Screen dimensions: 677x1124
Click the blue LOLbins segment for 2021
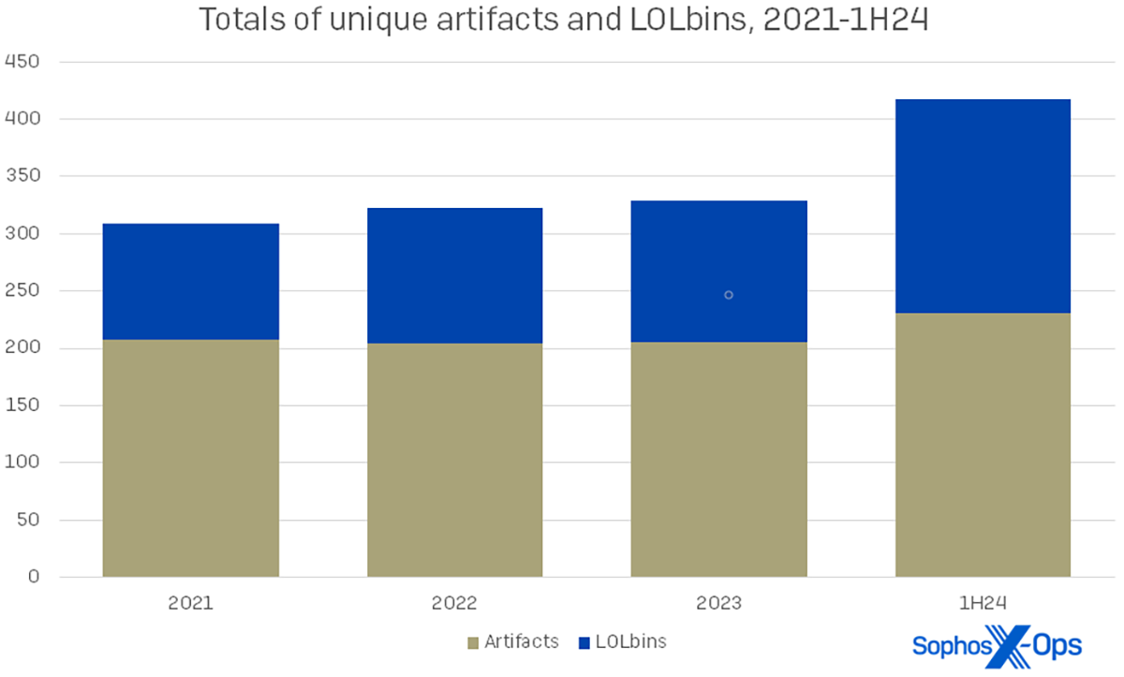190,281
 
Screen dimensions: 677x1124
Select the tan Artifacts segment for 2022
454,459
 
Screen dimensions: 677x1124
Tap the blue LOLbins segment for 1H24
983,206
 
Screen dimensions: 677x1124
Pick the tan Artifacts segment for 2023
718,459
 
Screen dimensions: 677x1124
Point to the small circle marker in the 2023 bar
728,295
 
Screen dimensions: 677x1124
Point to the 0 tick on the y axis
34,577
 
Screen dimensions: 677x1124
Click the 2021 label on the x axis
190,603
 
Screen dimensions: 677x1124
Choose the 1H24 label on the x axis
983,603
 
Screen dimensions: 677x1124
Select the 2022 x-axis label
454,603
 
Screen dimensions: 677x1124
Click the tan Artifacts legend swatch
474,642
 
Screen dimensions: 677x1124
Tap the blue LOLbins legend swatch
585,642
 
